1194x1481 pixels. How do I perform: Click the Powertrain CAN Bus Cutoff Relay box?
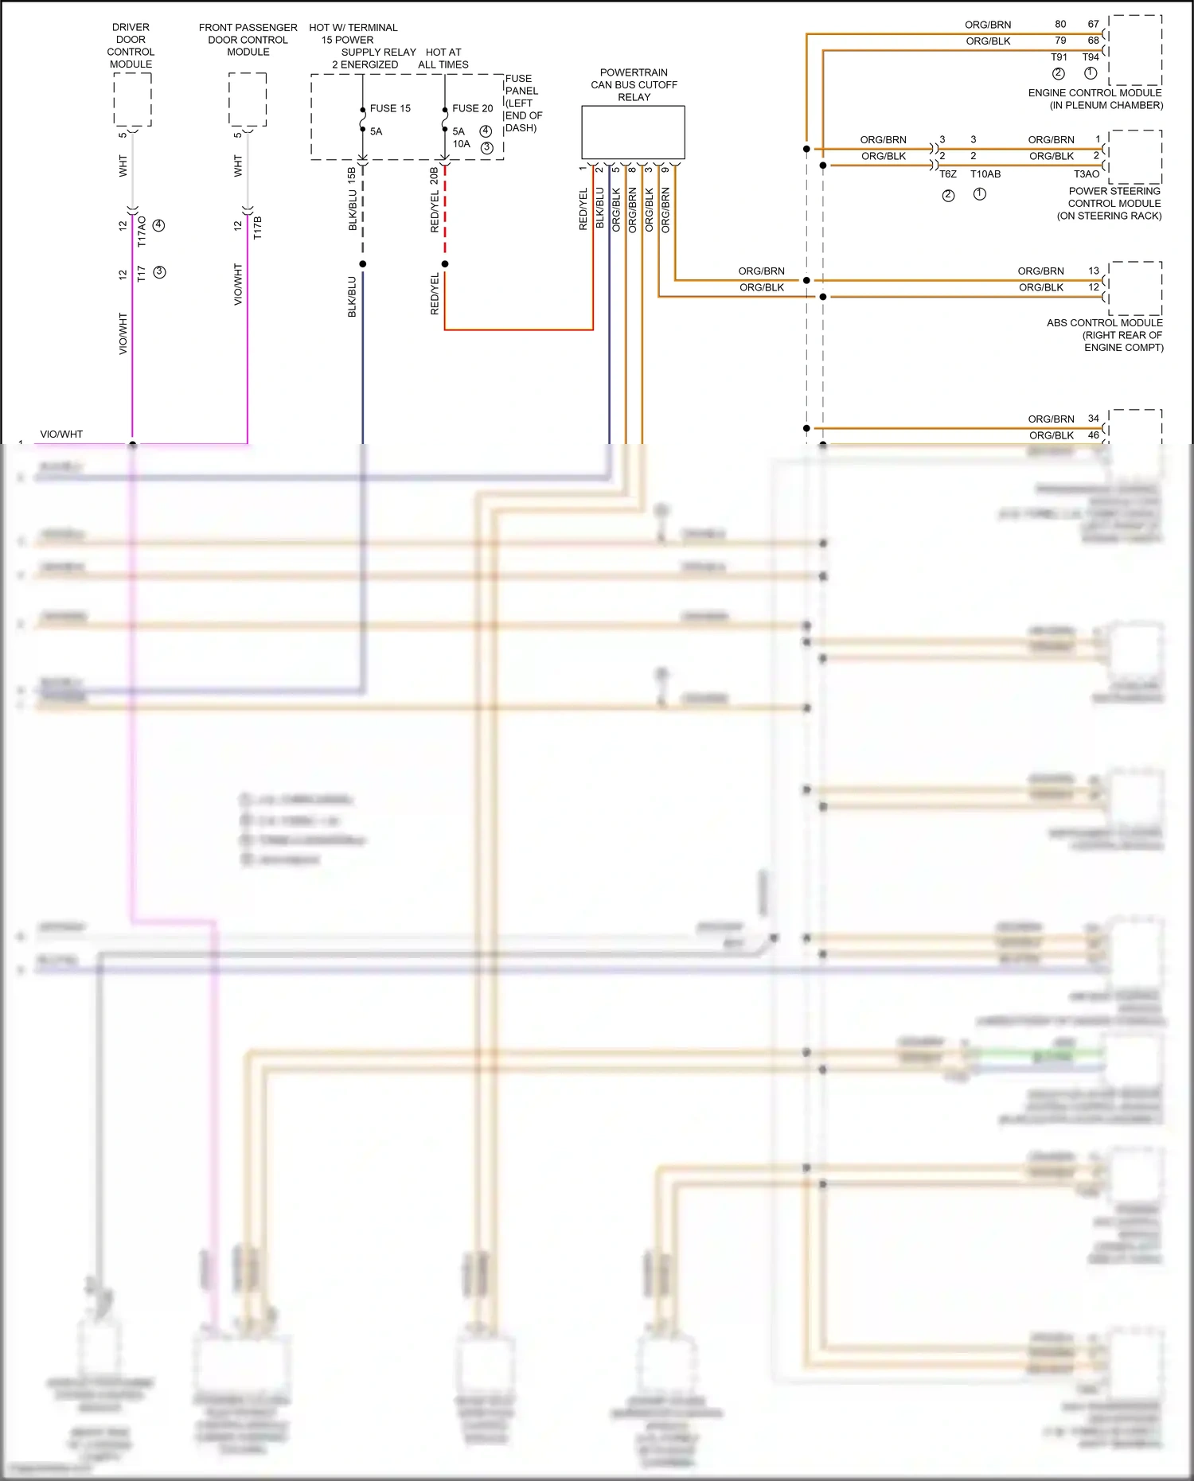pos(633,133)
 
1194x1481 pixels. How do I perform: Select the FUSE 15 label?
pos(390,108)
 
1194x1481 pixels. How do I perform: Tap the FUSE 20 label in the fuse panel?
pos(472,108)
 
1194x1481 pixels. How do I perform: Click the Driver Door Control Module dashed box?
pos(132,99)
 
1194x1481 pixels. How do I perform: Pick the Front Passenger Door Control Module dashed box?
pos(248,99)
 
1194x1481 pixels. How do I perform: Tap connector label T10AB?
pos(985,174)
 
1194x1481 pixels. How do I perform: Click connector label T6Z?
pos(947,174)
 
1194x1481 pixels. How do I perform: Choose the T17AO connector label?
pos(142,231)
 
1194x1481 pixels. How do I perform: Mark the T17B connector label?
pos(257,228)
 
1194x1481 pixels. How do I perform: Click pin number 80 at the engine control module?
pos(1060,24)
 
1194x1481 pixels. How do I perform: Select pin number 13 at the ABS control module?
pos(1094,271)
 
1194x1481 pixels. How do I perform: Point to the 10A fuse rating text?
pos(462,144)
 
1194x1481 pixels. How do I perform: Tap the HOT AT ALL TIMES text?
pos(443,58)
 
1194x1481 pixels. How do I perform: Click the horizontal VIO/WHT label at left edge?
pos(61,435)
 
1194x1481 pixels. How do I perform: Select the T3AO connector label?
pos(1087,174)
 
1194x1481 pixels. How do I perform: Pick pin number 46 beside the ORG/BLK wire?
pos(1094,435)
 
